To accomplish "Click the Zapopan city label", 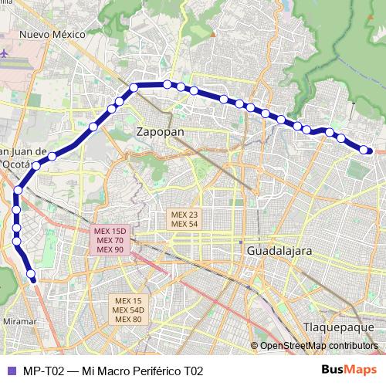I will point(160,132).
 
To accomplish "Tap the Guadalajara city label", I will point(279,252).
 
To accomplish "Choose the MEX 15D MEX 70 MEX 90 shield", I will point(108,240).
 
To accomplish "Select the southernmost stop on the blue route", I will point(31,274).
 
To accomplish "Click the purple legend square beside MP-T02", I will point(11,371).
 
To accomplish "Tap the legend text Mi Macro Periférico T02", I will point(143,371).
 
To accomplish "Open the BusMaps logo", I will point(348,371).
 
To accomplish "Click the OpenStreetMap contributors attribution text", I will point(318,346).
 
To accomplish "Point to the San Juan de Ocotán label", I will point(23,157).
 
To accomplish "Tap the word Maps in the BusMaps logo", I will point(361,371).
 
